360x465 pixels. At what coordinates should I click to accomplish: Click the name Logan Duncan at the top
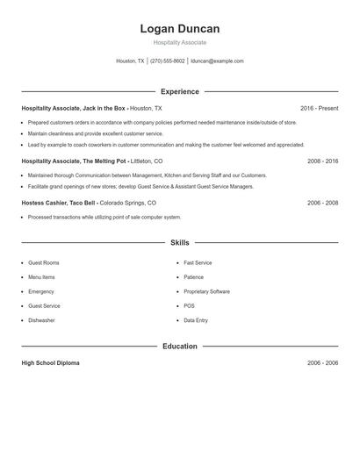pyautogui.click(x=179, y=29)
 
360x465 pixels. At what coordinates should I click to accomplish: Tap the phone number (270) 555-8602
pyautogui.click(x=167, y=61)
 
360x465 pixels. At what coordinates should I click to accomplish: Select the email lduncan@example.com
pyautogui.click(x=217, y=61)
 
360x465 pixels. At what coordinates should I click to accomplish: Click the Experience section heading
pyautogui.click(x=179, y=91)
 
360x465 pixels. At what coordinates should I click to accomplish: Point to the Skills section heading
pyautogui.click(x=179, y=242)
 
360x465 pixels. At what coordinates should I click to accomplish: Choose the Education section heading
pyautogui.click(x=179, y=347)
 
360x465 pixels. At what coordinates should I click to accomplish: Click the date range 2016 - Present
pyautogui.click(x=319, y=108)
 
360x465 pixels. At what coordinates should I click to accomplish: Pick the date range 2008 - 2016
pyautogui.click(x=322, y=161)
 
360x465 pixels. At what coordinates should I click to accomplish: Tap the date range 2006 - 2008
pyautogui.click(x=322, y=203)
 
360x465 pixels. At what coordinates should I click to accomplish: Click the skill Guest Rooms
pyautogui.click(x=44, y=263)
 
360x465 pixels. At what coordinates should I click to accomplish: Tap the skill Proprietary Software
pyautogui.click(x=206, y=291)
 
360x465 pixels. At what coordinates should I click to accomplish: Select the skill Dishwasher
pyautogui.click(x=41, y=320)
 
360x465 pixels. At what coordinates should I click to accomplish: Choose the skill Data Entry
pyautogui.click(x=196, y=320)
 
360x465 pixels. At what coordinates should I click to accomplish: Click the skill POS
pyautogui.click(x=189, y=306)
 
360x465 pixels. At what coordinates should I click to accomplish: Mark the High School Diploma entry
pyautogui.click(x=50, y=362)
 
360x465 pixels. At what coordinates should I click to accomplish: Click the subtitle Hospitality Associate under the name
pyautogui.click(x=179, y=42)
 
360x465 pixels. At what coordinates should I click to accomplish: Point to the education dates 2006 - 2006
pyautogui.click(x=322, y=362)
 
